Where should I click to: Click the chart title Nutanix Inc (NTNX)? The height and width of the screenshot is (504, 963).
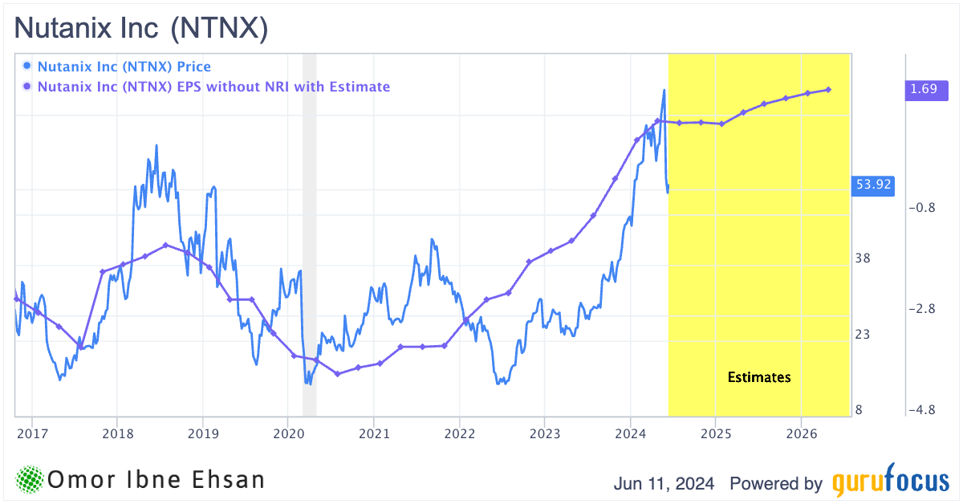tap(141, 29)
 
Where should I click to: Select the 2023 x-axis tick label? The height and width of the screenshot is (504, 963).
tap(545, 433)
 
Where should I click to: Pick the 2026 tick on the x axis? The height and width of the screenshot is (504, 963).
tap(801, 433)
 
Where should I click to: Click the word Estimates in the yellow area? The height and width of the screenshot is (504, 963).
tap(759, 377)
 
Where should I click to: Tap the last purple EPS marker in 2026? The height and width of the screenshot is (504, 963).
tap(828, 90)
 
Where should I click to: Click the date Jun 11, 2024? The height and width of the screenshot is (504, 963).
tap(664, 484)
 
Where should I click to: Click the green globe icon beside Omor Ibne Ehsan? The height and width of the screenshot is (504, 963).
tap(30, 480)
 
